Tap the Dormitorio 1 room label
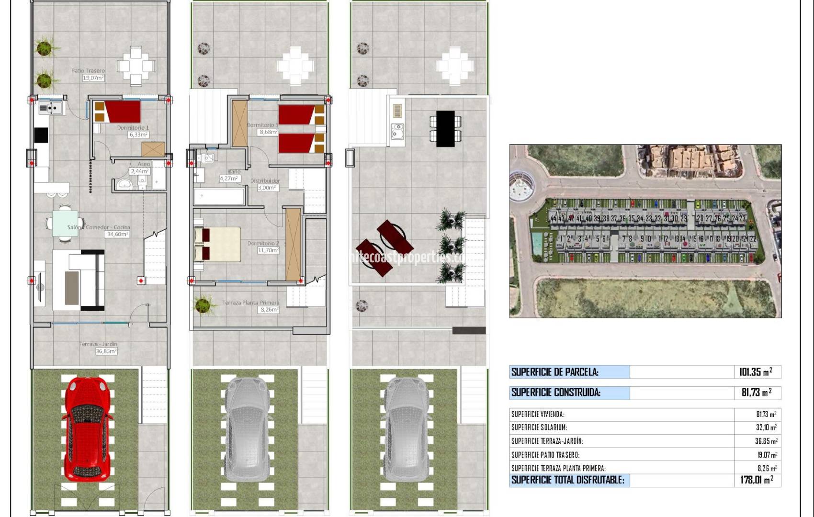pos(133,128)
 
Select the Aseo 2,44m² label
pos(140,168)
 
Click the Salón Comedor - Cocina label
pos(98,228)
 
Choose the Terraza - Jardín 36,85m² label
pos(98,348)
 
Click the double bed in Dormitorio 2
pos(218,244)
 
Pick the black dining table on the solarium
pos(445,128)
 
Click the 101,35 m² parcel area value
pos(756,372)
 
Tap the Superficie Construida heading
pos(555,393)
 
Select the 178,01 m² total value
pos(757,480)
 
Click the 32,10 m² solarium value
pos(766,427)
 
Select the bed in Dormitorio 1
pos(122,111)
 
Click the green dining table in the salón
pos(65,224)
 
